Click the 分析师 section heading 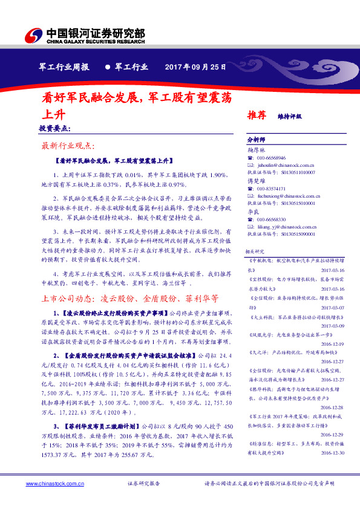coord(256,139)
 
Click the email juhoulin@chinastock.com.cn coord(284,164)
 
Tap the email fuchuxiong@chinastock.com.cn coord(287,196)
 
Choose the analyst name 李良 coord(251,212)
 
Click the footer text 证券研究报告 coord(144,484)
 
